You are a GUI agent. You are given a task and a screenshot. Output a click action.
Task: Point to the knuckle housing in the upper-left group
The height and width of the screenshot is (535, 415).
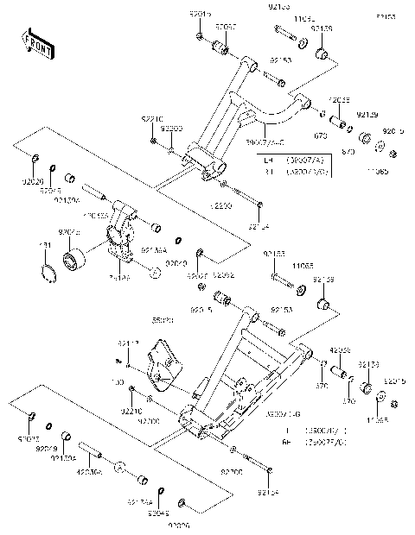click(x=121, y=233)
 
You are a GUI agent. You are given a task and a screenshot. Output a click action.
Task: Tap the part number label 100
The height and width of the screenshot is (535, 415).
click(x=118, y=380)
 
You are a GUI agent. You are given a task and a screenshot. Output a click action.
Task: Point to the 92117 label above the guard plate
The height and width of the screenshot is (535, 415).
click(x=127, y=343)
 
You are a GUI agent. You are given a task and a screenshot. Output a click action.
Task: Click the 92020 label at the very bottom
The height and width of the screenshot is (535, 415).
click(x=179, y=525)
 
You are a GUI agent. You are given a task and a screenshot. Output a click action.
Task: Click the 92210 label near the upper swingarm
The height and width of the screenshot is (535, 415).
click(x=151, y=117)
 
